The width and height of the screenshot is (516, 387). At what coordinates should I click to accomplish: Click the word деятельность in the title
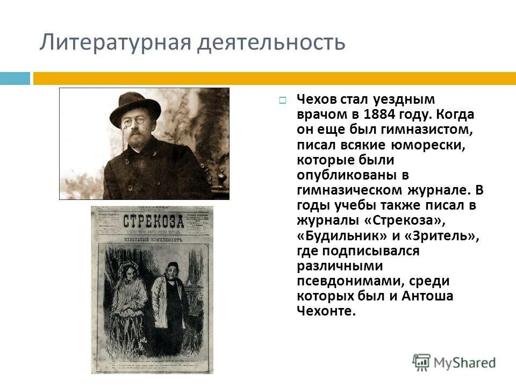coord(270,42)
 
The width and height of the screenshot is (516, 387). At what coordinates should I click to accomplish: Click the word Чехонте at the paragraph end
coord(326,311)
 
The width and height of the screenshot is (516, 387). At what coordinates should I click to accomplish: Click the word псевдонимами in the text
coord(349,281)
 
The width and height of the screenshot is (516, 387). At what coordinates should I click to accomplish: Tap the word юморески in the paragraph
coord(433,145)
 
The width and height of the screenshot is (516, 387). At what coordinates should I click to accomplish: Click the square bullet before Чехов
coord(283,100)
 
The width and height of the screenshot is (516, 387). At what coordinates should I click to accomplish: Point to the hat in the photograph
coord(134,106)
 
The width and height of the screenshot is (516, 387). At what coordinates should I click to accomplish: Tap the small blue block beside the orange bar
coord(15,78)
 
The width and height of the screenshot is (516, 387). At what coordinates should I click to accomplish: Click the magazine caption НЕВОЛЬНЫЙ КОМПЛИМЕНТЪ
coord(153,238)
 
